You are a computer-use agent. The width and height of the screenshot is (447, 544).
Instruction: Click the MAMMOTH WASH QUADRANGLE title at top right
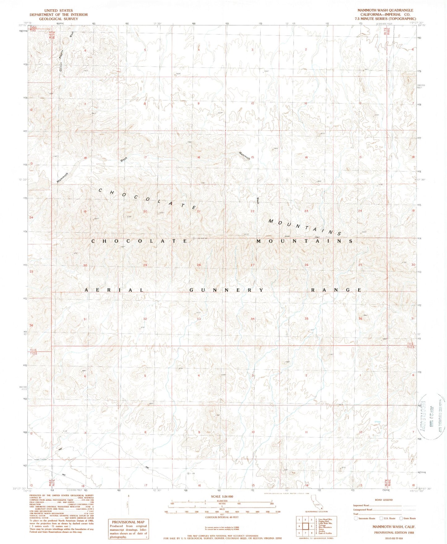coord(385,10)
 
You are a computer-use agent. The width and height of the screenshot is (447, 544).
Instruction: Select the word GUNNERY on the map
coord(226,290)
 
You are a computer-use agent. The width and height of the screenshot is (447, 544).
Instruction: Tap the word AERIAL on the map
coord(114,290)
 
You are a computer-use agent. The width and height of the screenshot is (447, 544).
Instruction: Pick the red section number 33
coord(199,319)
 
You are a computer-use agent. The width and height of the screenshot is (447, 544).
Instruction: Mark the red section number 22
coord(252,211)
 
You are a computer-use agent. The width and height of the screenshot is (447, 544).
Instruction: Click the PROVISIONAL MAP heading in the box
coord(128,522)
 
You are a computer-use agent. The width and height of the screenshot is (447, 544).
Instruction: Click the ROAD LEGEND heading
coord(384,500)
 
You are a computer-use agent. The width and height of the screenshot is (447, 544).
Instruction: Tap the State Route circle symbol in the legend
coord(401,518)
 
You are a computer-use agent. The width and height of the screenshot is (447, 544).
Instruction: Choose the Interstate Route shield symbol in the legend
coord(356,518)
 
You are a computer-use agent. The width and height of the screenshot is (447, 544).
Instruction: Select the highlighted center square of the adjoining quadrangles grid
coord(305,526)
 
